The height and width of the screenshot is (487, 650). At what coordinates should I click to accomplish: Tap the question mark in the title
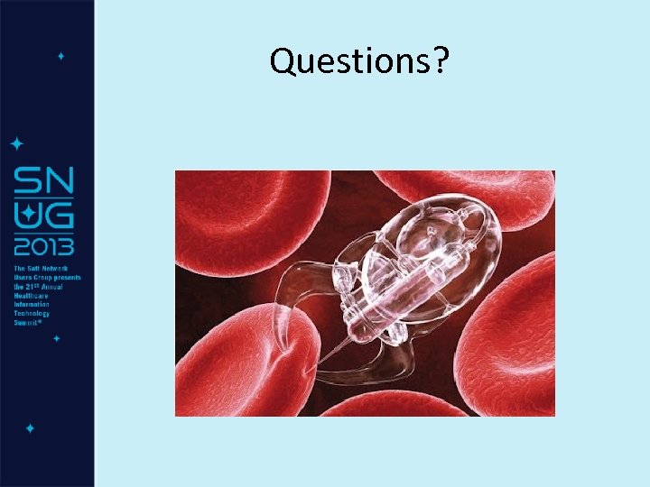pos(443,61)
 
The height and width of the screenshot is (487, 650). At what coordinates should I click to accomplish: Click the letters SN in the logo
pos(43,183)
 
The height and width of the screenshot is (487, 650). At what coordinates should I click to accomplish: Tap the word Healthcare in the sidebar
pos(32,296)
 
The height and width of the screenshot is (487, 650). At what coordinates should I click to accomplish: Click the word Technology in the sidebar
pos(33,314)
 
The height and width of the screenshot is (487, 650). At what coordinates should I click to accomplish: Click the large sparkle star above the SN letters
pos(16,143)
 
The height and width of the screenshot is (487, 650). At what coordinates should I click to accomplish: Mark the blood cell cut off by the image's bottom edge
pos(379,406)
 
